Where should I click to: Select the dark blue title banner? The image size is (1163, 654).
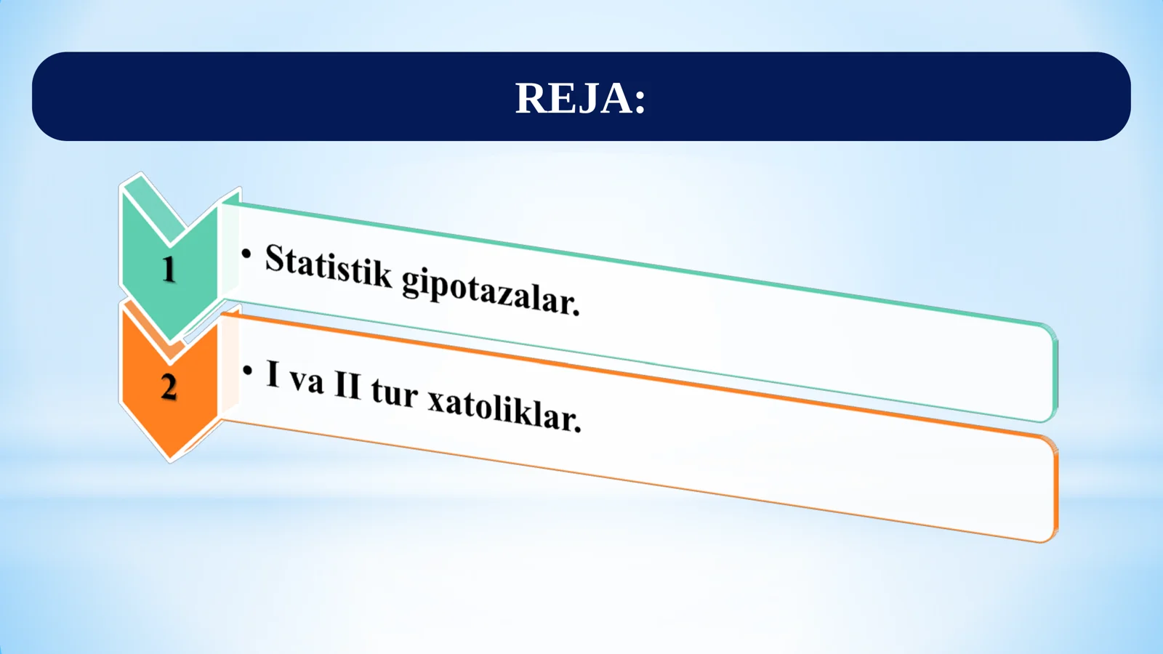291,97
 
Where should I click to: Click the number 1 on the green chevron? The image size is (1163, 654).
169,270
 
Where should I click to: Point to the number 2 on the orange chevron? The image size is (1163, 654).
169,387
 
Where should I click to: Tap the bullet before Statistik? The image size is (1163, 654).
247,254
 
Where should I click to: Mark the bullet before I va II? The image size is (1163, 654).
248,371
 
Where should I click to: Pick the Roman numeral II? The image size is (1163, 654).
347,386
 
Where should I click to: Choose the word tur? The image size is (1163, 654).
395,393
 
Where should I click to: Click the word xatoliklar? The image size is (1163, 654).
502,410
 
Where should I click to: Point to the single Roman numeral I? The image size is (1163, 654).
273,374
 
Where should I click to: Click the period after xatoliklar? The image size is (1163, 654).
578,429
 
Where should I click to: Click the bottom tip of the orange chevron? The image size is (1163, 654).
170,458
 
